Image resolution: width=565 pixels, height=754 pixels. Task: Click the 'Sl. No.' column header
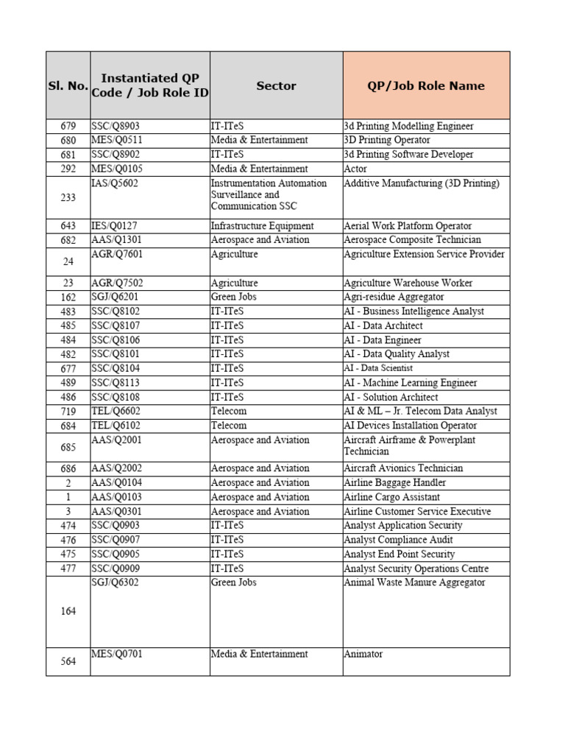pos(68,85)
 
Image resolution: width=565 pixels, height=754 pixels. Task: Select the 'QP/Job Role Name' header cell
pos(425,85)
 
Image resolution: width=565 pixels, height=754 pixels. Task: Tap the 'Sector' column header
pos(276,85)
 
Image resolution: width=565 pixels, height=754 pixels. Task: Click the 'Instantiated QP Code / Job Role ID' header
pos(150,85)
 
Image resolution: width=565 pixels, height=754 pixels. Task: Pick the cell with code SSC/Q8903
pos(116,126)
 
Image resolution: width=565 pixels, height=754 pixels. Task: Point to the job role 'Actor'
pos(355,169)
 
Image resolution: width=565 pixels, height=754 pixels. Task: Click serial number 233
pos(68,197)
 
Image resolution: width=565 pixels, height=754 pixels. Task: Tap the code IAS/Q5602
pos(115,183)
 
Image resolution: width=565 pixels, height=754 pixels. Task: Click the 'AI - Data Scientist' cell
pos(378,368)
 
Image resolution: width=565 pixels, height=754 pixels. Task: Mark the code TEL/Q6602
pos(115,411)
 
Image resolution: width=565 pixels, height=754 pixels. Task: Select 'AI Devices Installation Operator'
pos(410,426)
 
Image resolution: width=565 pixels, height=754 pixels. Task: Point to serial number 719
pos(68,411)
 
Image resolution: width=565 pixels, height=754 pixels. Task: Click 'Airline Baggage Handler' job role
pos(394,482)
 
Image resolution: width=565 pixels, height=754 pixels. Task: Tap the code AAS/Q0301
pos(116,511)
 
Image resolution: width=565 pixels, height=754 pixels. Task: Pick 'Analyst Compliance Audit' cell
pos(399,540)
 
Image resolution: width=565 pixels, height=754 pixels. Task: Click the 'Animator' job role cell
pos(363,654)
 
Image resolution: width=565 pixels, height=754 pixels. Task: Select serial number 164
pos(68,611)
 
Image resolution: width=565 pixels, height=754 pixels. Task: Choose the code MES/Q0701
pos(116,654)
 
